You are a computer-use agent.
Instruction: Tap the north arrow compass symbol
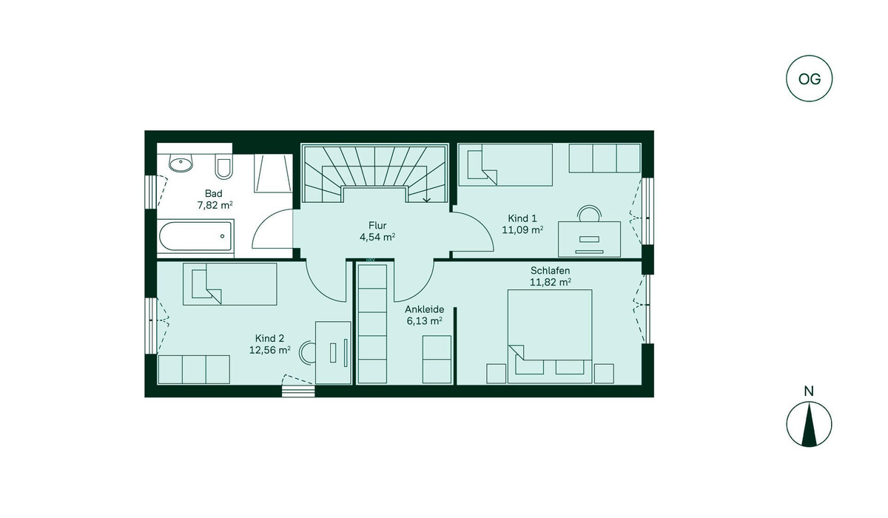click(809, 424)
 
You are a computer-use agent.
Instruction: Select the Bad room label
click(214, 193)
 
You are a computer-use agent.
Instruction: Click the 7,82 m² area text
click(215, 205)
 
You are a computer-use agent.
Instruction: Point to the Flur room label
click(377, 226)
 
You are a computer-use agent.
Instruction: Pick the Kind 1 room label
click(522, 218)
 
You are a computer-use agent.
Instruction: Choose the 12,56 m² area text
click(269, 350)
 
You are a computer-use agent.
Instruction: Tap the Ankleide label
click(424, 309)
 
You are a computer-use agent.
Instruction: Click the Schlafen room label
click(551, 271)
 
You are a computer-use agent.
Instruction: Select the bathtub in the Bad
click(195, 236)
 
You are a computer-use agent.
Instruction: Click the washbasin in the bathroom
click(181, 163)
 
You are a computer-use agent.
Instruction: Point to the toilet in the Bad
click(224, 166)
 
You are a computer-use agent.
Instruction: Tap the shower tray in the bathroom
click(273, 173)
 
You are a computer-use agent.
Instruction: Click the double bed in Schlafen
click(550, 337)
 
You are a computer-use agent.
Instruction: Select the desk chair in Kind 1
click(589, 214)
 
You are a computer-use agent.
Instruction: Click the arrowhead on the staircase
click(426, 199)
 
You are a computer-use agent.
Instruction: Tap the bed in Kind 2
click(230, 284)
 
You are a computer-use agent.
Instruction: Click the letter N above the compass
click(809, 391)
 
